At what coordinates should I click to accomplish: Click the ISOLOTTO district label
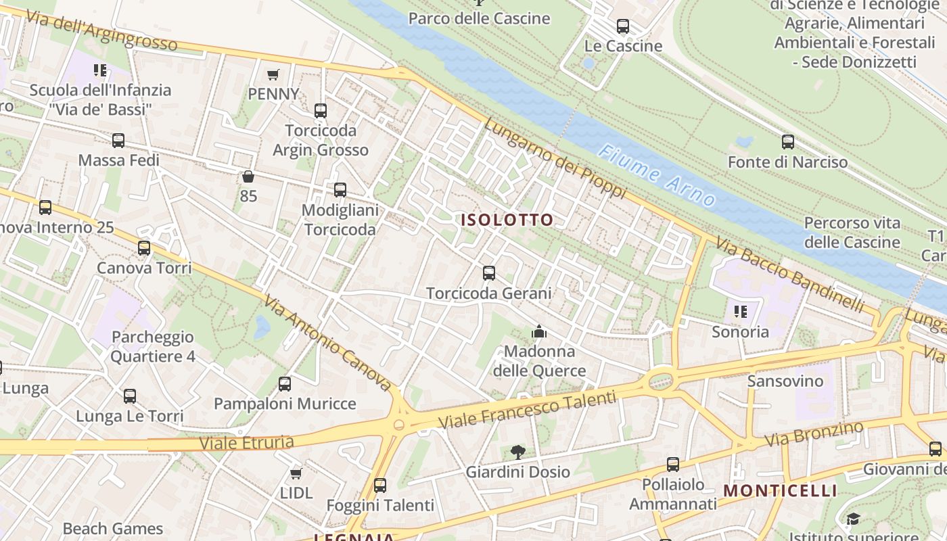click(x=507, y=220)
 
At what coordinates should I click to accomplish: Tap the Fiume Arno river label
click(x=657, y=175)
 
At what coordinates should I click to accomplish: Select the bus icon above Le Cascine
click(x=623, y=27)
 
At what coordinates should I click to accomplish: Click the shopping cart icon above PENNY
click(x=273, y=74)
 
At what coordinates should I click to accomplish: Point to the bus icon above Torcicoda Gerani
click(x=489, y=273)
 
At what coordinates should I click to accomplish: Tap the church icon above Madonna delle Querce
click(x=539, y=331)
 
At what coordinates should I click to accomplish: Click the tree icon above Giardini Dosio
click(x=517, y=452)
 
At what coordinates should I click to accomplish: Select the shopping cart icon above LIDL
click(x=296, y=473)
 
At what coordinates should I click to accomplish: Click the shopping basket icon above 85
click(x=248, y=177)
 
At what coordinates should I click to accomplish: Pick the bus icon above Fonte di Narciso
click(x=787, y=142)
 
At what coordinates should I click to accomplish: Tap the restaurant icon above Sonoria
click(x=741, y=312)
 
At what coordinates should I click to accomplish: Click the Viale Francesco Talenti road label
click(x=528, y=409)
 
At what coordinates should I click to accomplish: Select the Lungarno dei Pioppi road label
click(x=554, y=159)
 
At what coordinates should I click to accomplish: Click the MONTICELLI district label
click(x=781, y=490)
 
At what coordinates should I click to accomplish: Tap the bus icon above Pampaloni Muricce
click(x=285, y=384)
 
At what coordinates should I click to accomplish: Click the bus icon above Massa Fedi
click(x=118, y=141)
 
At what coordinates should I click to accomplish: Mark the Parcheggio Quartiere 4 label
click(x=152, y=346)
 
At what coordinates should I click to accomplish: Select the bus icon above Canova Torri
click(x=144, y=248)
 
